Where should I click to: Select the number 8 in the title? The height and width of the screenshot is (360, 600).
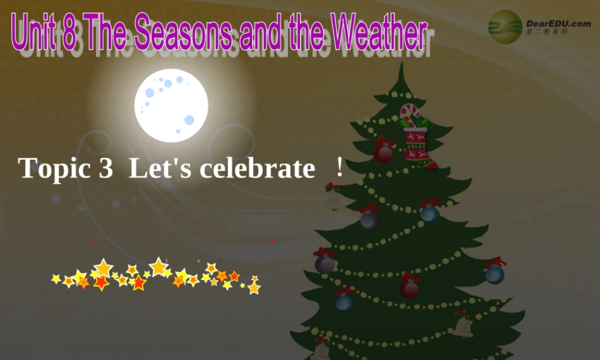tap(70, 34)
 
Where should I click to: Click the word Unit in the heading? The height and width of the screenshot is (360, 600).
tap(34, 34)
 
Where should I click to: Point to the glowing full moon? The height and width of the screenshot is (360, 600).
tap(171, 105)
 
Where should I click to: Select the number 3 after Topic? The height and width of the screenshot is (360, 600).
tap(105, 169)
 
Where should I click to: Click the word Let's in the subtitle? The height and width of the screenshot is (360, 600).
tap(160, 169)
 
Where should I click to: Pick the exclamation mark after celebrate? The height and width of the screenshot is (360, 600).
tap(340, 168)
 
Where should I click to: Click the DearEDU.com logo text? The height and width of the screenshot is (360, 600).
tap(558, 23)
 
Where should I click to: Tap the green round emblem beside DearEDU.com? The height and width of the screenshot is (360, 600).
tap(505, 27)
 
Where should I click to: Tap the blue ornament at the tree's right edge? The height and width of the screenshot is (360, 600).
tap(495, 273)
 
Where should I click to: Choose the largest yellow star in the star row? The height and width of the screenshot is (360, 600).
tap(158, 266)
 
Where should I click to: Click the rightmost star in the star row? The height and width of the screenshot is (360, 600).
tap(254, 287)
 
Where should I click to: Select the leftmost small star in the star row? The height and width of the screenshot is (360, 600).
tap(56, 279)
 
